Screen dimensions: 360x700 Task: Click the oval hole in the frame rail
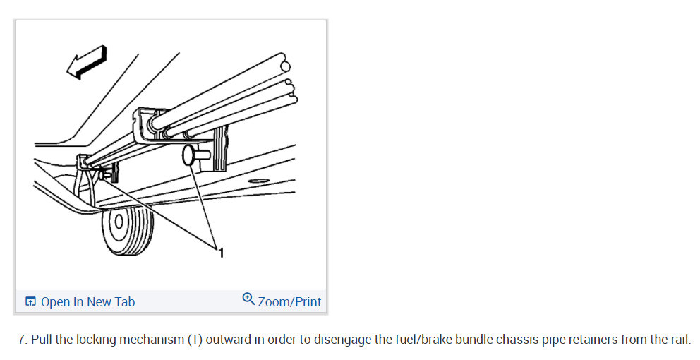258,181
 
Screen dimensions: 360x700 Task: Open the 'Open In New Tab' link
87,302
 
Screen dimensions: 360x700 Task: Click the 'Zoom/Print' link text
289,302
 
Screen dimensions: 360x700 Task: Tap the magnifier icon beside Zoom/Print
248,299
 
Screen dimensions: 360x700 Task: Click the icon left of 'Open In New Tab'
30,302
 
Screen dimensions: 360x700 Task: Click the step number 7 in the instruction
21,340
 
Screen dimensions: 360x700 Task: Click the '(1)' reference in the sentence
195,340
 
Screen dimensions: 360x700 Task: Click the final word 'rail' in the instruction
679,340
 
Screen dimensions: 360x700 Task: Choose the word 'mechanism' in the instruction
151,340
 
